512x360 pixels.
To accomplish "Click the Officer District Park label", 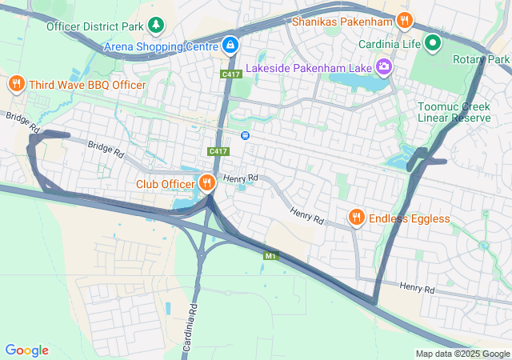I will (94, 26).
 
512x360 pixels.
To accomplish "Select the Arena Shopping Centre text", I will (160, 46).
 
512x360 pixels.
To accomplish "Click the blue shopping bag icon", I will (230, 45).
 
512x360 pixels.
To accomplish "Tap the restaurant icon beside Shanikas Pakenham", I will (405, 20).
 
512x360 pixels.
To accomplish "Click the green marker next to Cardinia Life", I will (434, 42).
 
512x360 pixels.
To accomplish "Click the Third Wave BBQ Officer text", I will (87, 85).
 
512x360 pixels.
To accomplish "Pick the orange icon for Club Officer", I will (207, 183).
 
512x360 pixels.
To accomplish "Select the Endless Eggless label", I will (410, 218).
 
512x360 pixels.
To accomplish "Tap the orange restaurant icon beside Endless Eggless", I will (357, 218).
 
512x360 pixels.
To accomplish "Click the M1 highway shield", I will (270, 255).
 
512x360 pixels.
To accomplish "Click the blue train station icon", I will (246, 134).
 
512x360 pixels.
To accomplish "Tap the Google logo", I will (26, 350).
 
